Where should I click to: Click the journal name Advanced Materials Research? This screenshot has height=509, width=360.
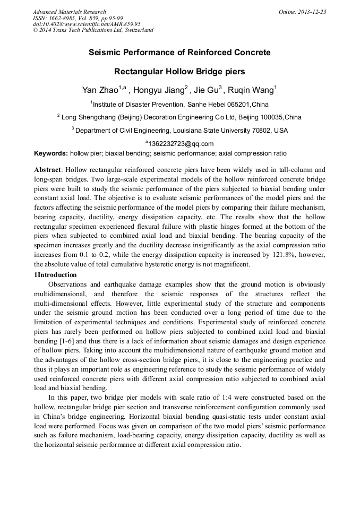pyautogui.click(x=69, y=12)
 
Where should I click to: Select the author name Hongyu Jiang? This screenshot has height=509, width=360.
pyautogui.click(x=157, y=90)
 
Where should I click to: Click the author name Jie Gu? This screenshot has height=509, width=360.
pyautogui.click(x=206, y=90)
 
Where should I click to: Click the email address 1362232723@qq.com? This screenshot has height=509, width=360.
pyautogui.click(x=181, y=143)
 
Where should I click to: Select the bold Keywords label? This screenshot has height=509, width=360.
pyautogui.click(x=51, y=153)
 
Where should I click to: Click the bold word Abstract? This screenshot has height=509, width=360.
pyautogui.click(x=48, y=170)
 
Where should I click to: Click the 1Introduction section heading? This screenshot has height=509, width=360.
pyautogui.click(x=55, y=274)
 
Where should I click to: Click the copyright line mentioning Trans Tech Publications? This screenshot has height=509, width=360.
pyautogui.click(x=93, y=30)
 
